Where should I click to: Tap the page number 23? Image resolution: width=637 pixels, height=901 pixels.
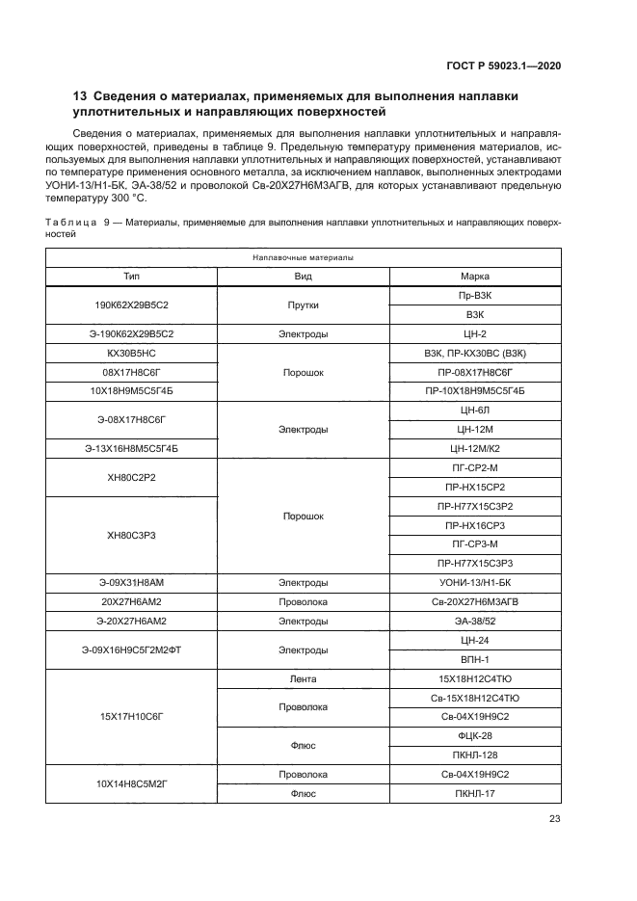pyautogui.click(x=554, y=819)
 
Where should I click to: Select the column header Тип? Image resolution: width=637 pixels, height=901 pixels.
pyautogui.click(x=132, y=277)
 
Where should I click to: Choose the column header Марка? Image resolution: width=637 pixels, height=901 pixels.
pyautogui.click(x=475, y=277)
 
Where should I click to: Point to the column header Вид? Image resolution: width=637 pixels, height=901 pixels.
pyautogui.click(x=304, y=277)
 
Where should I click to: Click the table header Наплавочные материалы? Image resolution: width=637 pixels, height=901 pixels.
pyautogui.click(x=304, y=258)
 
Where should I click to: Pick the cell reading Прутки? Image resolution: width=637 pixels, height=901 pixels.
pyautogui.click(x=304, y=305)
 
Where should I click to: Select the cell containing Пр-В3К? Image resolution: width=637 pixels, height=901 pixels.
pyautogui.click(x=475, y=295)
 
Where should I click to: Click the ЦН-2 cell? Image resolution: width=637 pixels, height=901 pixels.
pyautogui.click(x=475, y=333)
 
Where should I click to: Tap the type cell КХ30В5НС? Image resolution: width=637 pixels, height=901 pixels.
pyautogui.click(x=132, y=353)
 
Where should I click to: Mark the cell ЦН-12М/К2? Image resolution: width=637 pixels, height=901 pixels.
pyautogui.click(x=475, y=448)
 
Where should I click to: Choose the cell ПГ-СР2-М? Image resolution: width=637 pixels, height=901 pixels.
pyautogui.click(x=475, y=467)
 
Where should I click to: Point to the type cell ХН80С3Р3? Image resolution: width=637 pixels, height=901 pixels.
pyautogui.click(x=132, y=534)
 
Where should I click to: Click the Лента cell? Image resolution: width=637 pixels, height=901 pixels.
pyautogui.click(x=304, y=678)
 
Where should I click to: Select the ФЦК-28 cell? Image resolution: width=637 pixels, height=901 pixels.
pyautogui.click(x=475, y=735)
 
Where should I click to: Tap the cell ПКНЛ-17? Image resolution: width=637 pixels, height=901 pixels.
pyautogui.click(x=475, y=793)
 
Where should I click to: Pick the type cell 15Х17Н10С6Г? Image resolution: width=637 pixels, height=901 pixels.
pyautogui.click(x=132, y=716)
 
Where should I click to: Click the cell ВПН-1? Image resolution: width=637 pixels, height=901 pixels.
pyautogui.click(x=475, y=659)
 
